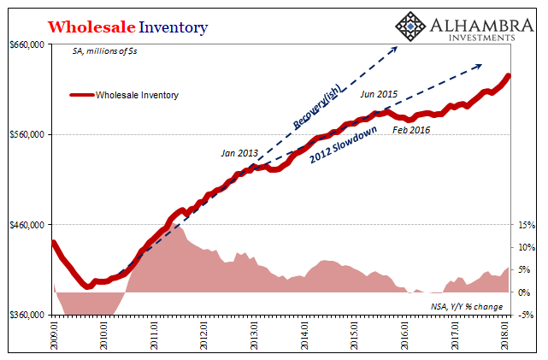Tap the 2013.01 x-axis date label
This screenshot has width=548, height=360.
pos(255,333)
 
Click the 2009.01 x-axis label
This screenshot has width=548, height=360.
pos(55,333)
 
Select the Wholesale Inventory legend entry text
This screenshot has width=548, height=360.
pos(137,96)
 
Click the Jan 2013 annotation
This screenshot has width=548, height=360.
pos(239,153)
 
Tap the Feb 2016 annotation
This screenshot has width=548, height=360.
pos(411,130)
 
